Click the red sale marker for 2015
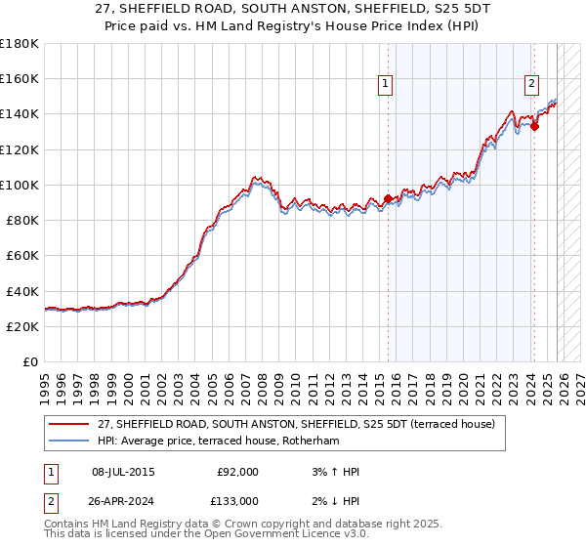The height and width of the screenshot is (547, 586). pyautogui.click(x=388, y=198)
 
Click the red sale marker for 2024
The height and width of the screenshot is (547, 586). pyautogui.click(x=535, y=126)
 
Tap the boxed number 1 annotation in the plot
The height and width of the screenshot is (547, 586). pyautogui.click(x=387, y=85)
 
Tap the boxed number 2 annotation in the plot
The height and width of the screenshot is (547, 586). pyautogui.click(x=532, y=85)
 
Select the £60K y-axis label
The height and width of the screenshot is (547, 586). pyautogui.click(x=21, y=256)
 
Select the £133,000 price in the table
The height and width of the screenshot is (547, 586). pyautogui.click(x=238, y=501)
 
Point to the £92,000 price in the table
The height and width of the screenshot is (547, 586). pyautogui.click(x=238, y=472)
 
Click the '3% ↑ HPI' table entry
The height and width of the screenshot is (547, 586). pyautogui.click(x=332, y=472)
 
